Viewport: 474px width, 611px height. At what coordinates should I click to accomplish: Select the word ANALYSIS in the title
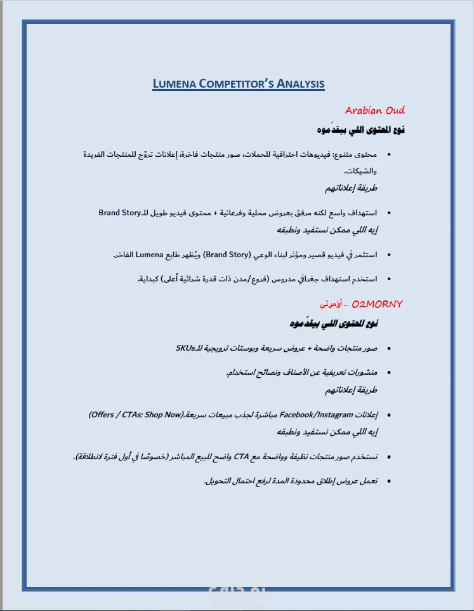(x=300, y=84)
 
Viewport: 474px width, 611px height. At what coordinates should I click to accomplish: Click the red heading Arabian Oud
(x=374, y=111)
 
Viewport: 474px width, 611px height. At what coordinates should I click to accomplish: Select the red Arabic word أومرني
(x=332, y=305)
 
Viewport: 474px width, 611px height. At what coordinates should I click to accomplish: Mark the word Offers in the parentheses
(x=102, y=415)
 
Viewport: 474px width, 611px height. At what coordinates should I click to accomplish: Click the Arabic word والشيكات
(x=361, y=171)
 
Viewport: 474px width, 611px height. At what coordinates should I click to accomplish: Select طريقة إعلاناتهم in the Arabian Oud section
(x=351, y=189)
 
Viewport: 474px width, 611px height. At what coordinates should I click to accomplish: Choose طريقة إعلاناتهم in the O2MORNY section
(x=351, y=389)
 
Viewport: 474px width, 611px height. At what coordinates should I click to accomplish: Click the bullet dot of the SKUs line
(x=388, y=349)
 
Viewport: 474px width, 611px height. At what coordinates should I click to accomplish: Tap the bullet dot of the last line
(x=388, y=481)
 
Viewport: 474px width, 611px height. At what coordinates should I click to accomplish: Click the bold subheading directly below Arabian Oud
(x=362, y=130)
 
